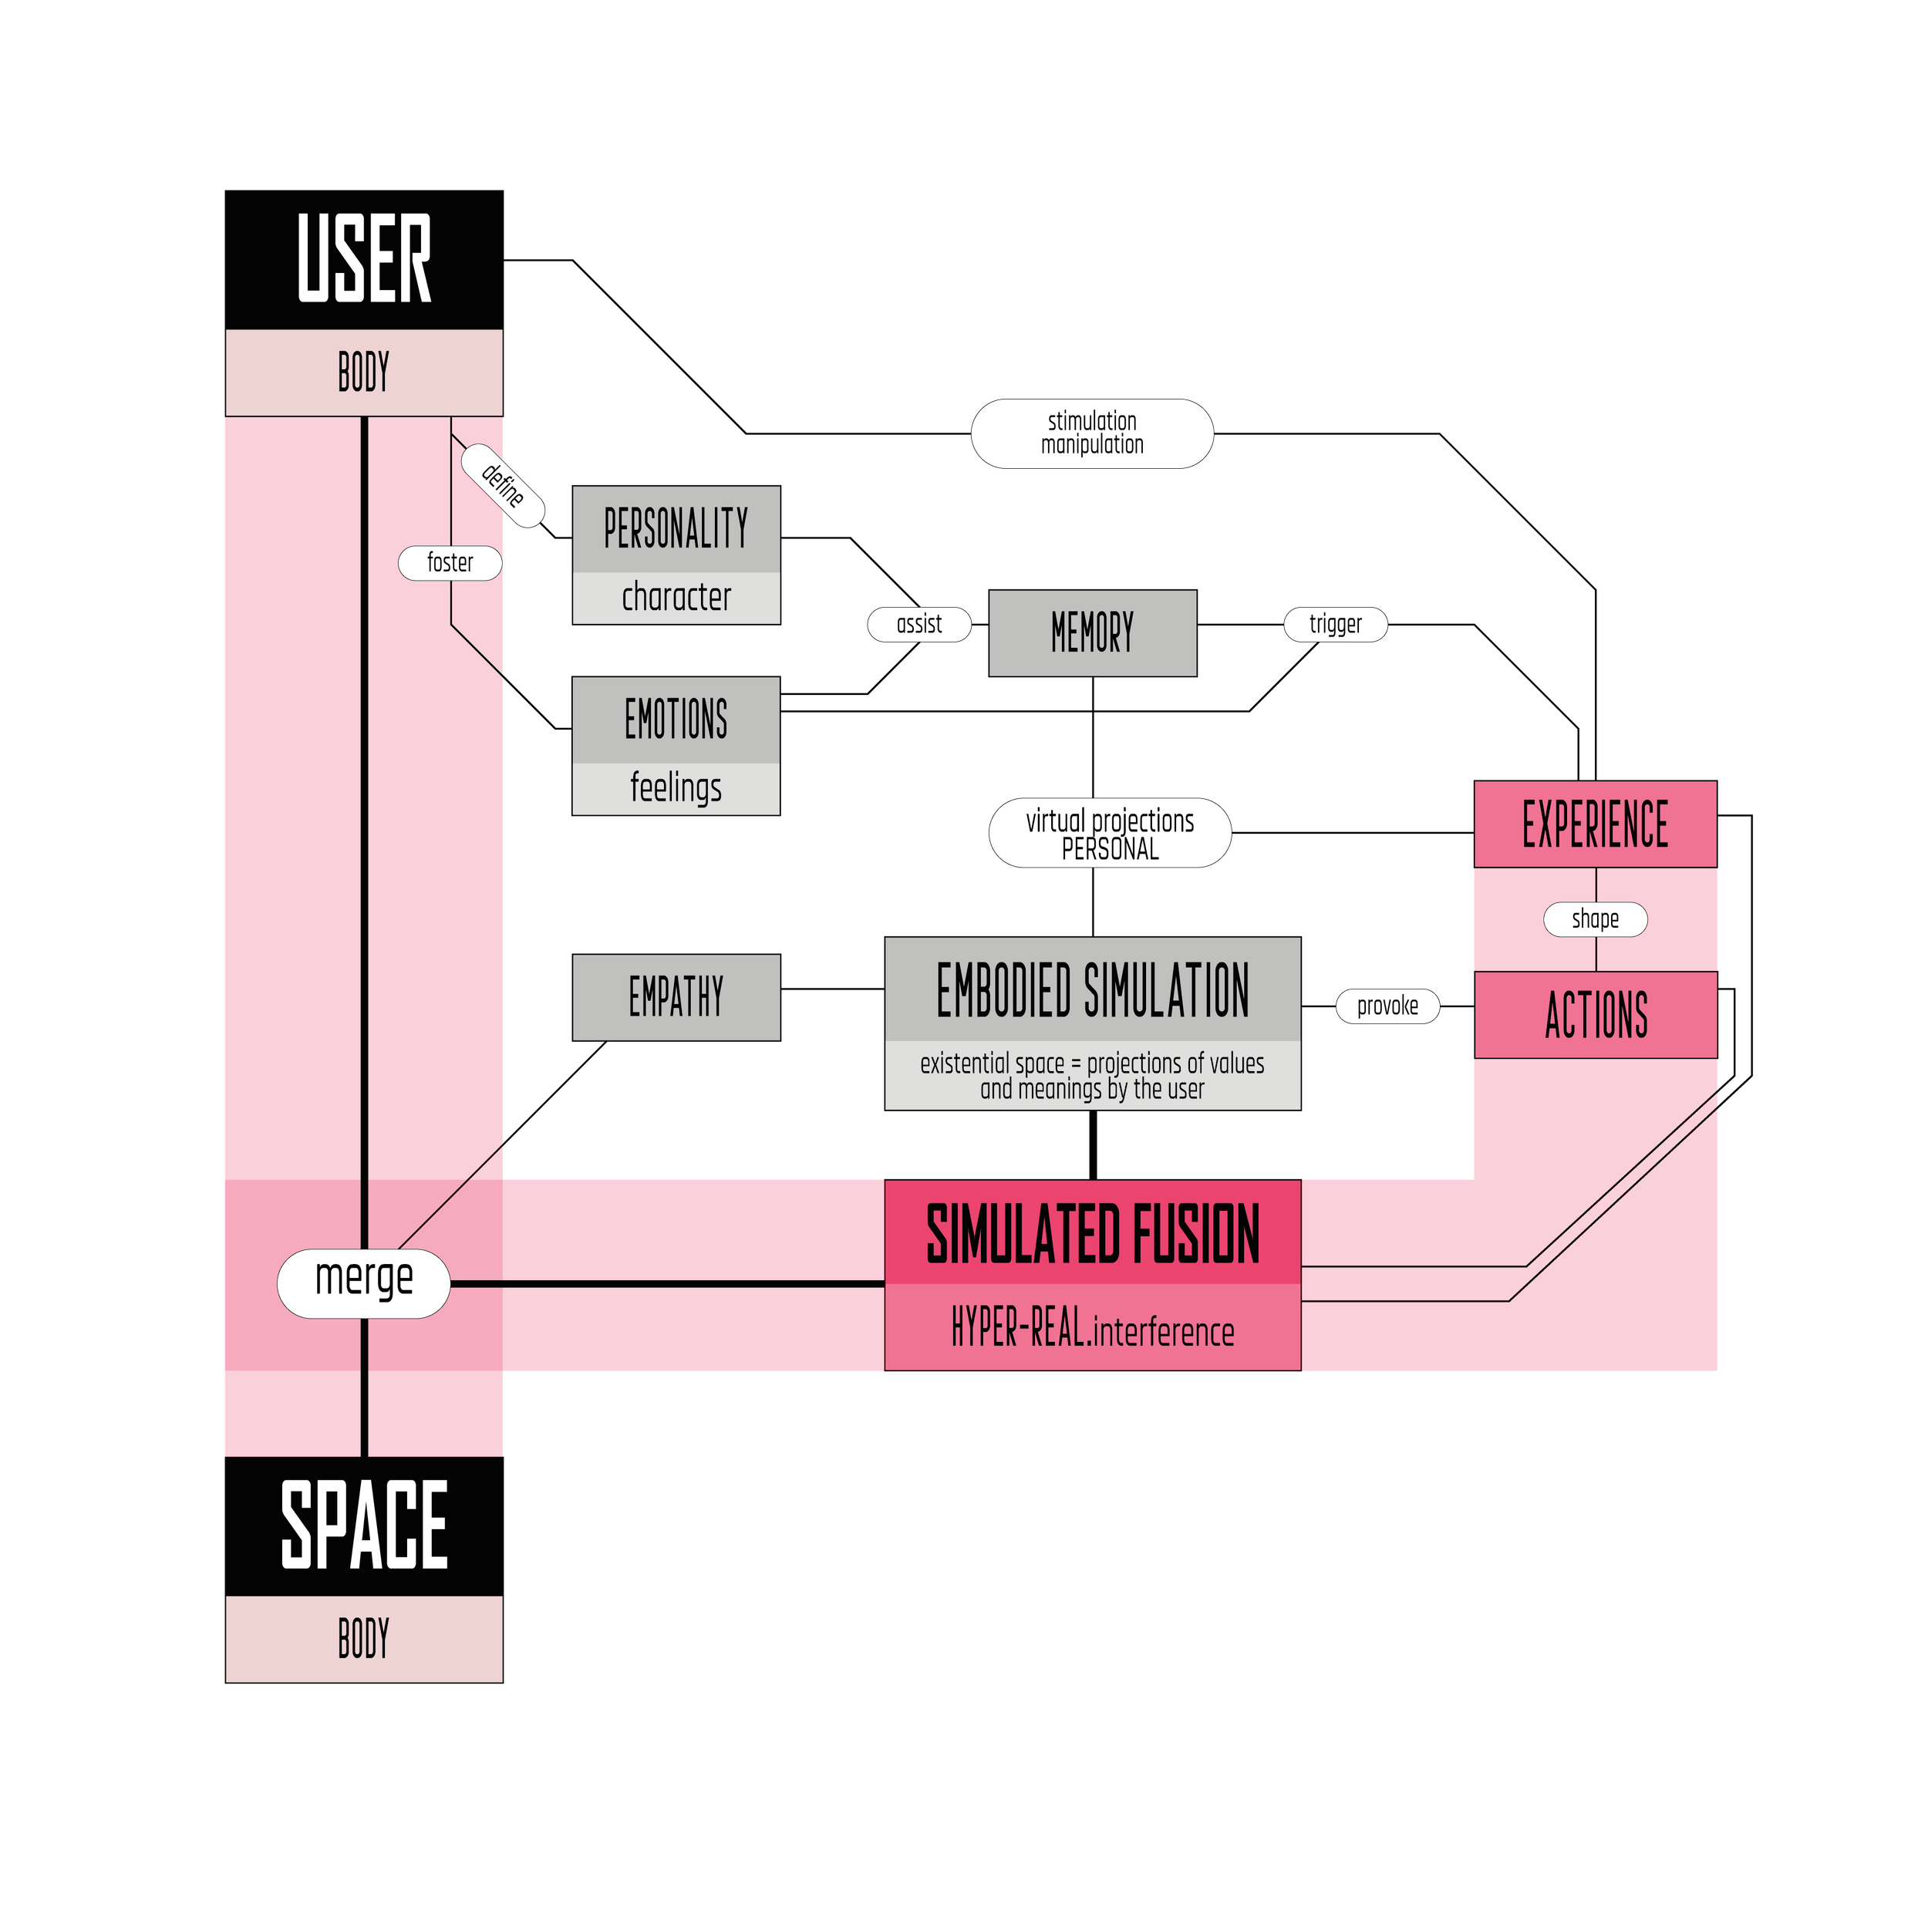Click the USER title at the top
(x=364, y=258)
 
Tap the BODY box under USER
(x=364, y=372)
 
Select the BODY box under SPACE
(x=364, y=1639)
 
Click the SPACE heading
(x=364, y=1524)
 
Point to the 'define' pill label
(x=503, y=485)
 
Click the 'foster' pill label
(x=450, y=563)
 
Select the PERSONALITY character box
(x=676, y=554)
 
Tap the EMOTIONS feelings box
(x=676, y=746)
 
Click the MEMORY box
(x=1093, y=632)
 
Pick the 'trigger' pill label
(x=1335, y=625)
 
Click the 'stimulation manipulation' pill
(x=1093, y=433)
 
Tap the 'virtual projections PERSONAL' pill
(x=1110, y=833)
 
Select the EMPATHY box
(x=676, y=997)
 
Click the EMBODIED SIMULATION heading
(x=1093, y=990)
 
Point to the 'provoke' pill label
(x=1387, y=1006)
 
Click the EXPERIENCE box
(x=1595, y=824)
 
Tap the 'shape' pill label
(x=1595, y=919)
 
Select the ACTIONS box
(x=1595, y=1015)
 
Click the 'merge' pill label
(x=364, y=1283)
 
